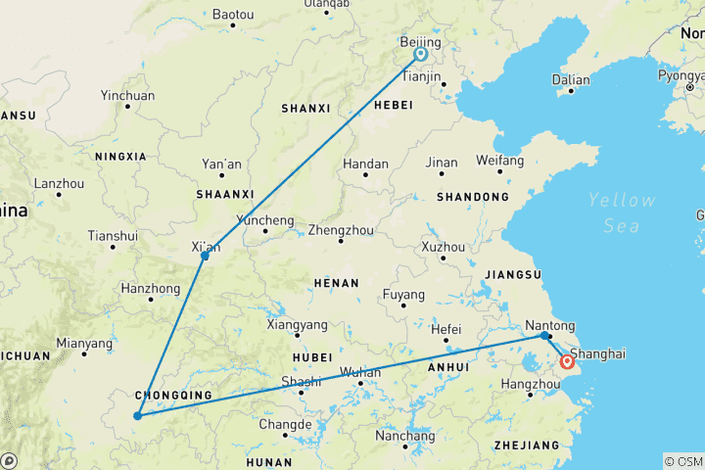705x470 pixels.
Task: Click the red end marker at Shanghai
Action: click(567, 362)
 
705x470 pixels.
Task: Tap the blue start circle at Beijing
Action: click(421, 56)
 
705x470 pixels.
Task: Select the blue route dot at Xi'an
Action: click(205, 257)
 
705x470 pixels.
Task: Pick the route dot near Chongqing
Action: click(137, 416)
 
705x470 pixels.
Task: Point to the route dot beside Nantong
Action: click(544, 336)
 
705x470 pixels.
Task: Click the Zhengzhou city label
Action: click(339, 231)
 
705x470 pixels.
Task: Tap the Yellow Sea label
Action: click(621, 212)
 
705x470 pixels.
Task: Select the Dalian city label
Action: click(571, 80)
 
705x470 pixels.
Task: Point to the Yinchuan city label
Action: click(127, 96)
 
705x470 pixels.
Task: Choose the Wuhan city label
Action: click(361, 373)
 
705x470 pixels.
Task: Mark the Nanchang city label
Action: click(405, 436)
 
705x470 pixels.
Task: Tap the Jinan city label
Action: click(442, 163)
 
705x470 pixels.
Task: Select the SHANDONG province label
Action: click(473, 197)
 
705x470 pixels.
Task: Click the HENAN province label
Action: click(338, 282)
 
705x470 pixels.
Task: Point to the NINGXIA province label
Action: click(120, 156)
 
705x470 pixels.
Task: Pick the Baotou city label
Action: click(233, 15)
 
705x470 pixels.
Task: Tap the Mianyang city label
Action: click(83, 344)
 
